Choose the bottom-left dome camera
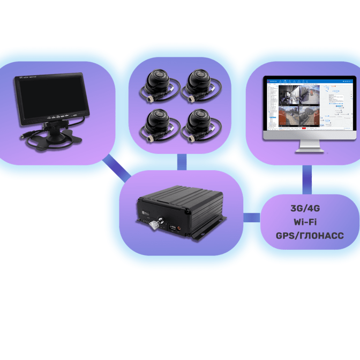[x=159, y=124]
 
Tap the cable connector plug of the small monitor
[x=23, y=137]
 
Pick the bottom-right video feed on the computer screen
[x=313, y=117]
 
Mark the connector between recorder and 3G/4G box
[x=251, y=217]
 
